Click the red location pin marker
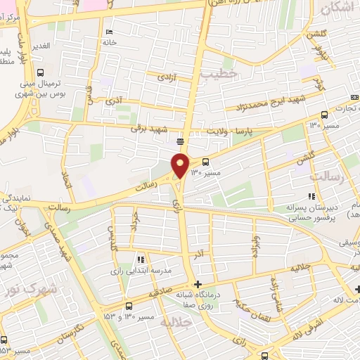(x=181, y=165)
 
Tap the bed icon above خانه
(x=108, y=32)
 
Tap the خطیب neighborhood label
(x=219, y=72)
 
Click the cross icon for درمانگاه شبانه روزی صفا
(x=197, y=284)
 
